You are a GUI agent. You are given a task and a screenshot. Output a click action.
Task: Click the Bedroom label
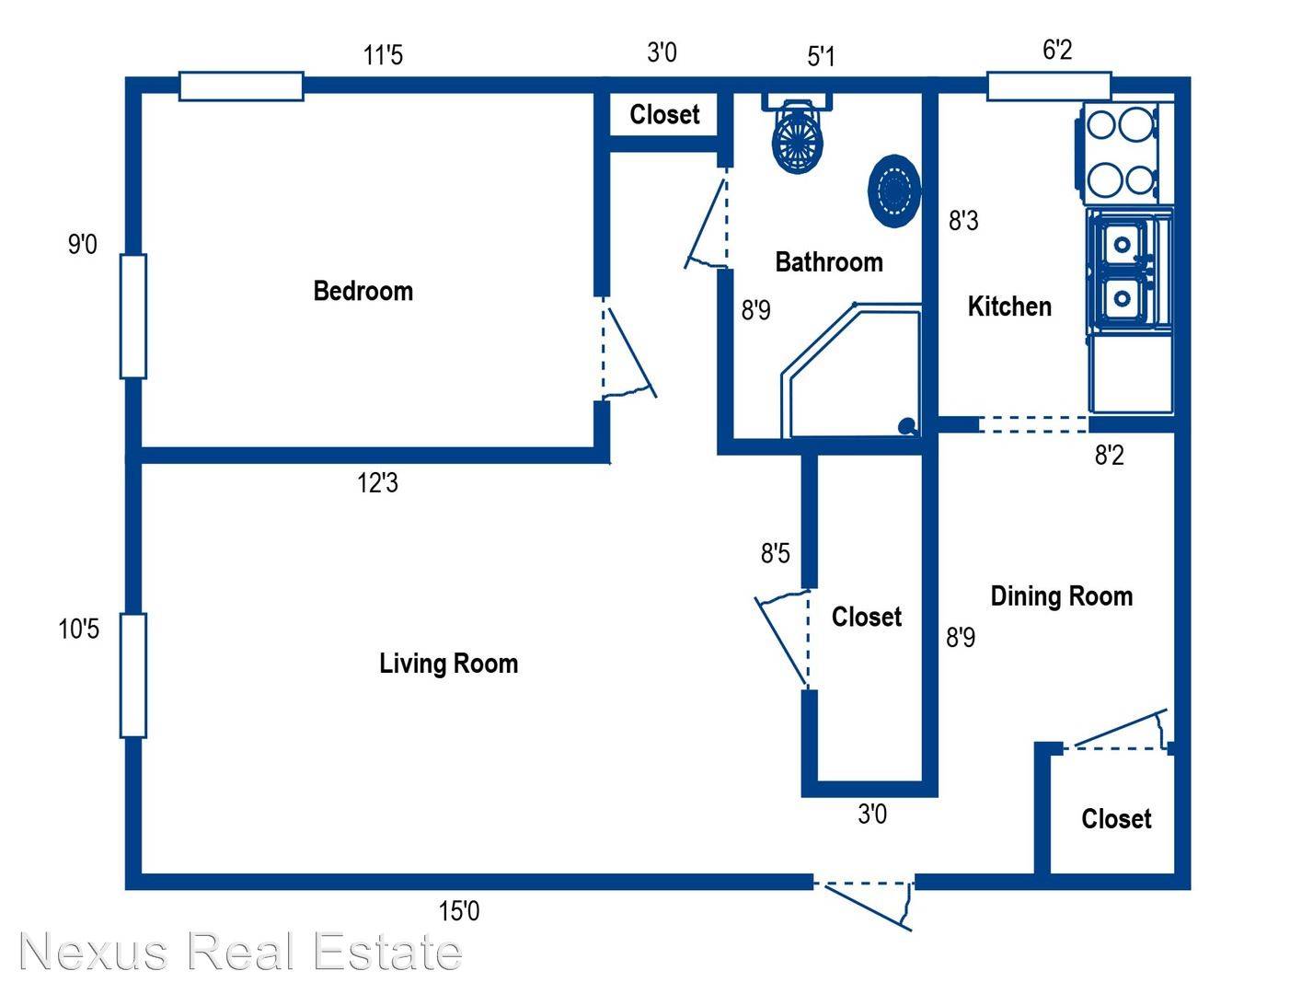(363, 291)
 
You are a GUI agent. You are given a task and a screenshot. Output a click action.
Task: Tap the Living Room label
(448, 664)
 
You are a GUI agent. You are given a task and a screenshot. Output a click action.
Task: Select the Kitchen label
(1009, 306)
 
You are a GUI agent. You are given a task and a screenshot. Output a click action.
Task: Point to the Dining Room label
(1061, 596)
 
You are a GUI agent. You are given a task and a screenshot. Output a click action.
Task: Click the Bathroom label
(828, 262)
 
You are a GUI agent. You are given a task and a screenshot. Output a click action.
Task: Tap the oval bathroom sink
(893, 191)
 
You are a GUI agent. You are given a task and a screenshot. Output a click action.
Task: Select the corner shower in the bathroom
(850, 371)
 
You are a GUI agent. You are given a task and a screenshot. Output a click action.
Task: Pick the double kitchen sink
(1128, 270)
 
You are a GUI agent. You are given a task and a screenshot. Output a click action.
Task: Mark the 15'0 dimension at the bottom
(459, 910)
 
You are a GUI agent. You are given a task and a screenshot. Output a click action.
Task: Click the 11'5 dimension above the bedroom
(383, 55)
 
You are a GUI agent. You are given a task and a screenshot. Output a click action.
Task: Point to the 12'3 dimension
(377, 482)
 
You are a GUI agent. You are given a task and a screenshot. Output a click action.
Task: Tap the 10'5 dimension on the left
(78, 630)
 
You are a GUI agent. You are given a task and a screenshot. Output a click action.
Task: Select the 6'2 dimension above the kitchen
(1057, 50)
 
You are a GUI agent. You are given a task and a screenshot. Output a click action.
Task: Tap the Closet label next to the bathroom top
(664, 114)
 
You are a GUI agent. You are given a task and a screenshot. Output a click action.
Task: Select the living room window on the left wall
(132, 676)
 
